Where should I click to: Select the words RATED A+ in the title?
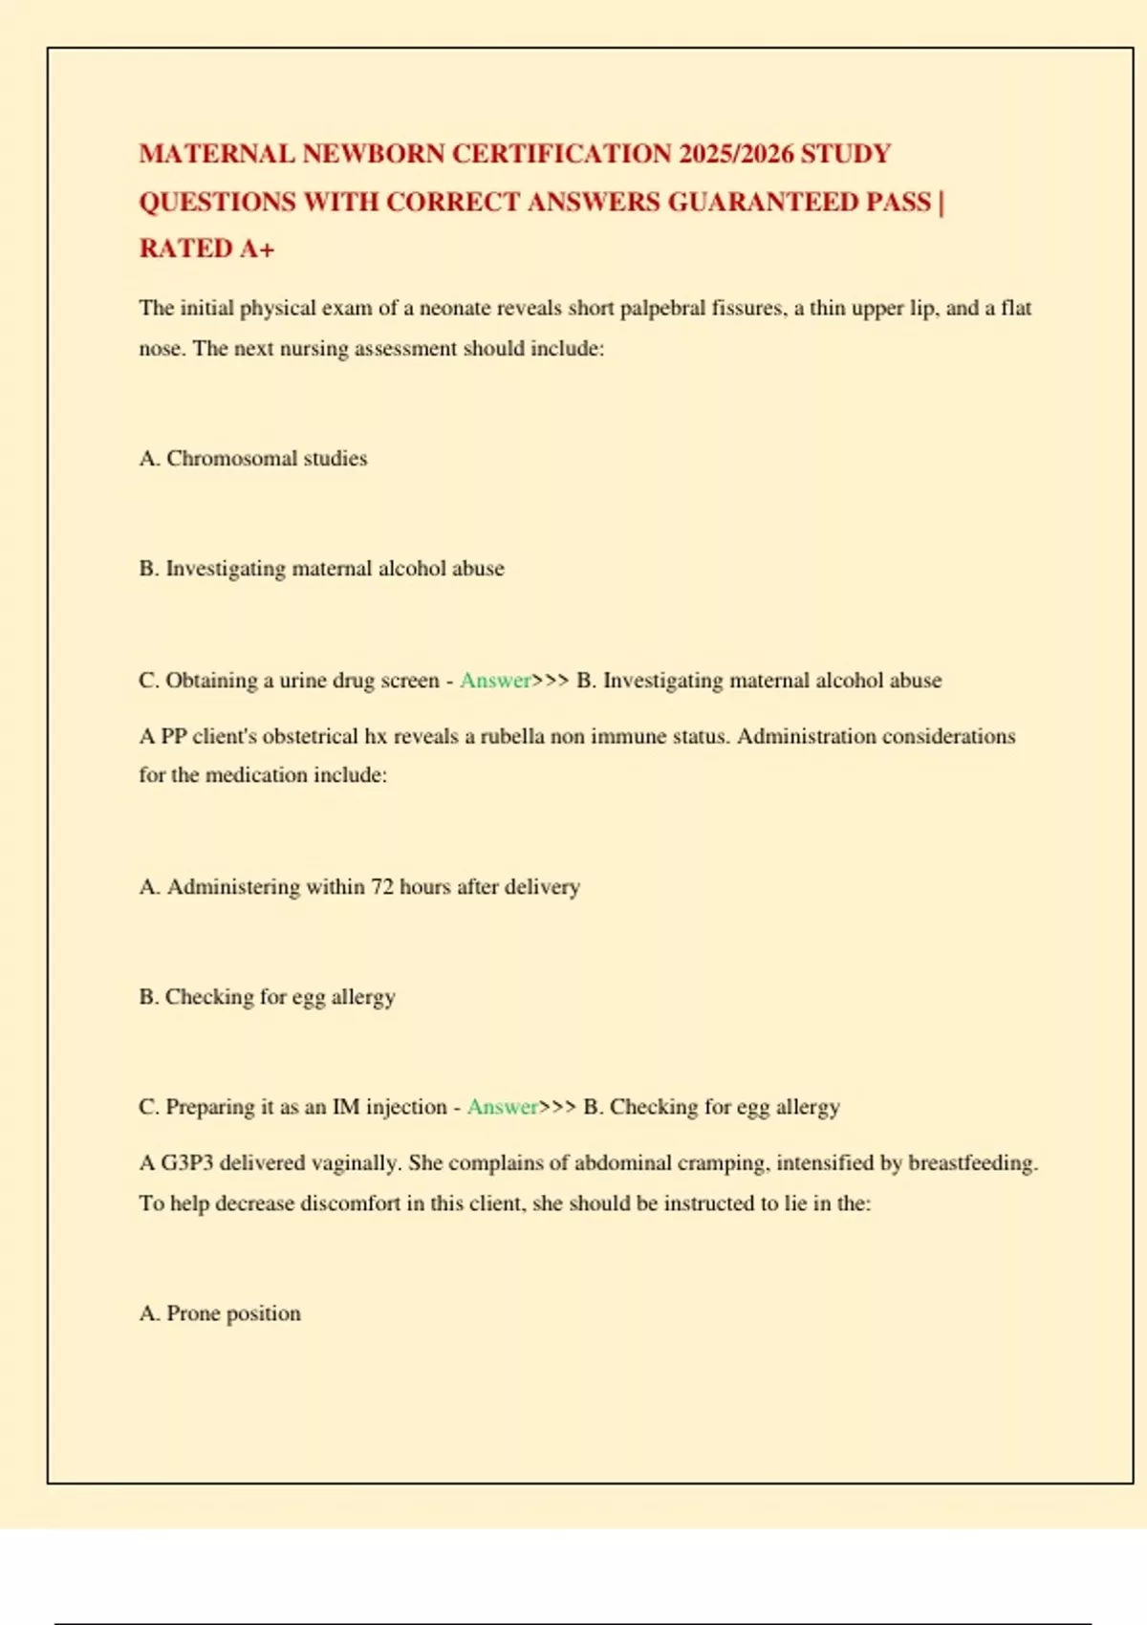coord(206,249)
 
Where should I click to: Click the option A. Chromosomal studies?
coord(253,459)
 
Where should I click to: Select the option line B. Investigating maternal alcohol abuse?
coord(321,569)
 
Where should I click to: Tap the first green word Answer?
coord(495,681)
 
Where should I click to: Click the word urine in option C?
coord(302,681)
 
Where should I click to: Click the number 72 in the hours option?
coord(381,887)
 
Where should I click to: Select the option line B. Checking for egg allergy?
coord(267,997)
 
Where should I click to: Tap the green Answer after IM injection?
coord(502,1107)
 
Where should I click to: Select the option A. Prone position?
coord(220,1313)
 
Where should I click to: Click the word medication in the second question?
coord(256,775)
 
